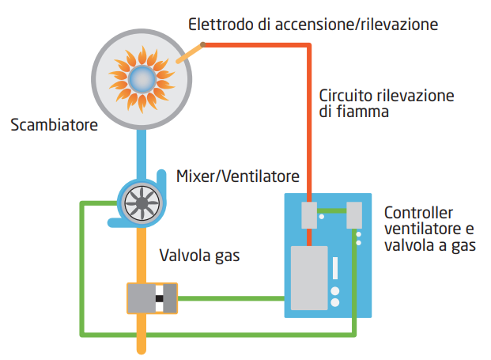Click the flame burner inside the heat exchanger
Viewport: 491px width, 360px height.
[142, 77]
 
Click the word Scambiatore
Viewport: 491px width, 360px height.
[55, 125]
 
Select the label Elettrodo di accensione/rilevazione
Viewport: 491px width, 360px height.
[312, 25]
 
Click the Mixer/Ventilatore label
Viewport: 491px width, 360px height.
[238, 175]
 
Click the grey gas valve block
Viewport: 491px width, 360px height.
[152, 298]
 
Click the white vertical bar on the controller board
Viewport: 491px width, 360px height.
[335, 268]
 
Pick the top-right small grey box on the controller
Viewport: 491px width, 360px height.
[354, 214]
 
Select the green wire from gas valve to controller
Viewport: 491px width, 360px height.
[230, 298]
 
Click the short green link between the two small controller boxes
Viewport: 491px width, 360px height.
[331, 210]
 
